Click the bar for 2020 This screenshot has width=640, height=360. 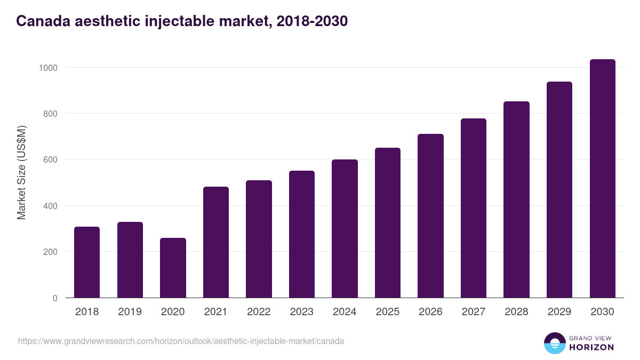(x=173, y=268)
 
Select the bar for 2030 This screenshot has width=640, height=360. (x=602, y=179)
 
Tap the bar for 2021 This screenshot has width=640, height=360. (x=216, y=242)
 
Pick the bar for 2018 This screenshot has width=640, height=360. (x=87, y=262)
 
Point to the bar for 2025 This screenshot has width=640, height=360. (x=388, y=223)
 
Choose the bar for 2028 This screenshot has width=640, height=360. (x=516, y=199)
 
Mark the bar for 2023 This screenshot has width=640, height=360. (x=302, y=234)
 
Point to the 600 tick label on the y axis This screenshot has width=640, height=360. (x=50, y=159)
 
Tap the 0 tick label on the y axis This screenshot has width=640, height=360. (x=55, y=298)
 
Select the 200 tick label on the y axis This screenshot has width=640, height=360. (x=50, y=252)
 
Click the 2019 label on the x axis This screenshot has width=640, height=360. (x=130, y=312)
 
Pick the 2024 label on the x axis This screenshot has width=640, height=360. (x=345, y=312)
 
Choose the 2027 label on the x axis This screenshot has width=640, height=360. (x=474, y=312)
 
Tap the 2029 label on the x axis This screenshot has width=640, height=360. (x=559, y=312)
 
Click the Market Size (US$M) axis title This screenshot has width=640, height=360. (x=21, y=172)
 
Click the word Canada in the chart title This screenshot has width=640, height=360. (x=43, y=21)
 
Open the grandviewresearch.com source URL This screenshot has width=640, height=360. (x=181, y=341)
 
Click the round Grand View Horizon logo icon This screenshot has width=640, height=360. (x=554, y=343)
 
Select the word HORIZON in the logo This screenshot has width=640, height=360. (x=591, y=347)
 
